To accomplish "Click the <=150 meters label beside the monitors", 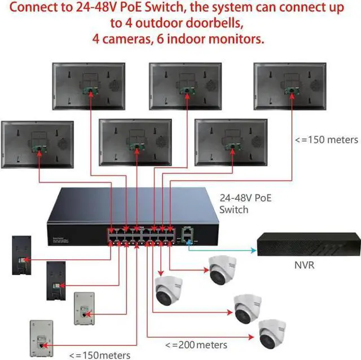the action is pos(327,140).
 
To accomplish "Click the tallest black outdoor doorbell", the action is pos(21,255).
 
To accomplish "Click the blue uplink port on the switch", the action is pos(188,240).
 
